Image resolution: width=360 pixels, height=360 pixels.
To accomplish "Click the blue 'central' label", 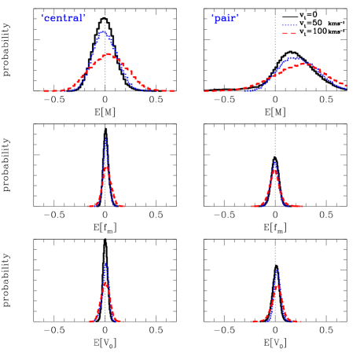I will click(x=64, y=18).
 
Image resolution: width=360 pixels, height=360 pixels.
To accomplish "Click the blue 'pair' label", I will click(x=225, y=18).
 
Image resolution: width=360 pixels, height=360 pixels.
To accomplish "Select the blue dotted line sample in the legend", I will click(x=289, y=25).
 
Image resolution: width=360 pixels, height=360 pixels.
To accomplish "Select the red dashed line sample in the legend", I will click(x=289, y=34).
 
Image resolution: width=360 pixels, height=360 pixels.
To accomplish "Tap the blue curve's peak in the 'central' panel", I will click(x=104, y=32).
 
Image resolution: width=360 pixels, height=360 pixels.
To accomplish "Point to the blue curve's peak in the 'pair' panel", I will click(x=293, y=57).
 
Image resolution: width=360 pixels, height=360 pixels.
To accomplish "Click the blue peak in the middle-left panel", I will click(x=105, y=139).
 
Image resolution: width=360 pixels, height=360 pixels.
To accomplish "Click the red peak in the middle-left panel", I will click(x=106, y=167).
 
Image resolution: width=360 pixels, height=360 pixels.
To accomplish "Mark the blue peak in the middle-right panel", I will click(x=274, y=162).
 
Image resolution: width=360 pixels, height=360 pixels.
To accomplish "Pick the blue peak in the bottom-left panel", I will click(x=105, y=263).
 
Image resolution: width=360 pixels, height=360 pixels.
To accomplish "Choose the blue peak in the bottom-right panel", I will click(x=277, y=270).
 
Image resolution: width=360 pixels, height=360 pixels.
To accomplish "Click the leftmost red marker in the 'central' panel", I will click(x=45, y=91).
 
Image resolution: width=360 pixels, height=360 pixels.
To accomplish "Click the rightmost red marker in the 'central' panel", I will click(x=173, y=91).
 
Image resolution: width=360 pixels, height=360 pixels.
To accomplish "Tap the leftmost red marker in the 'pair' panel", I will click(x=206, y=92).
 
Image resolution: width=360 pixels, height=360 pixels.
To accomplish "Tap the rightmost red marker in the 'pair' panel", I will click(x=347, y=84).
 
